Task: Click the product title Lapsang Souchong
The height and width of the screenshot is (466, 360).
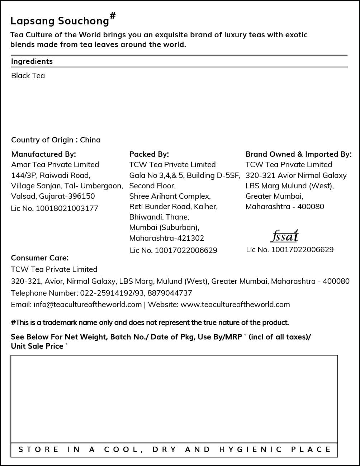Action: tap(60, 21)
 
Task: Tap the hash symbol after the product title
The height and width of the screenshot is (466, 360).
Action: tap(113, 15)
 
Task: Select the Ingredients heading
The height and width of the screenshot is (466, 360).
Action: tap(32, 61)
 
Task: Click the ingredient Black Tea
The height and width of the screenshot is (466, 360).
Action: tap(28, 76)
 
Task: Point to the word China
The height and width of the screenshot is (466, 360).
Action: tap(90, 140)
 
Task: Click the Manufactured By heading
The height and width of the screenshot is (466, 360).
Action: tap(44, 154)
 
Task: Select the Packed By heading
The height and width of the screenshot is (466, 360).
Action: tap(149, 154)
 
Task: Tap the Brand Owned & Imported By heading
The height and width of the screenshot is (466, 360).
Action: tap(298, 154)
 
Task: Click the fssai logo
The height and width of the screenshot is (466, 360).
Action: tap(284, 236)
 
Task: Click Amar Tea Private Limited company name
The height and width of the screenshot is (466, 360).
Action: tap(55, 165)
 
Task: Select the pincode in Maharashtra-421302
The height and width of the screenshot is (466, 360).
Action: tap(191, 238)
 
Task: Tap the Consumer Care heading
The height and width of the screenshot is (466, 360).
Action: tap(40, 258)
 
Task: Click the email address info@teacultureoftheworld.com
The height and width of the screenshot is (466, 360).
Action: tap(87, 305)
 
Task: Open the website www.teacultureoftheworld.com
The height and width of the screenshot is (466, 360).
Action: tap(235, 305)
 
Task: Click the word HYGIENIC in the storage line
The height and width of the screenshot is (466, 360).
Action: tap(250, 449)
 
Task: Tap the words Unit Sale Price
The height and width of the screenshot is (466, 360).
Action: tap(37, 346)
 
